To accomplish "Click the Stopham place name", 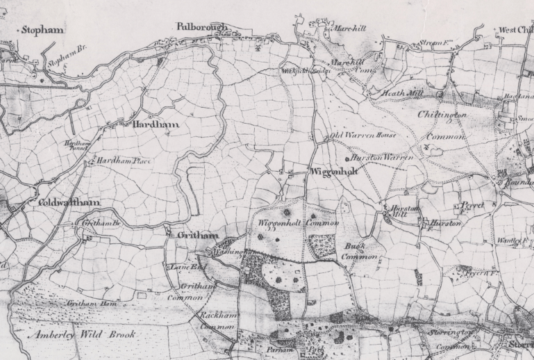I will click(42, 30).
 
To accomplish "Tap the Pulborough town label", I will click(201, 26).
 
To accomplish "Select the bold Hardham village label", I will click(156, 124).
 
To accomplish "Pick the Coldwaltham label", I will click(65, 202).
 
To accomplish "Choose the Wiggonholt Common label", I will click(298, 223).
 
